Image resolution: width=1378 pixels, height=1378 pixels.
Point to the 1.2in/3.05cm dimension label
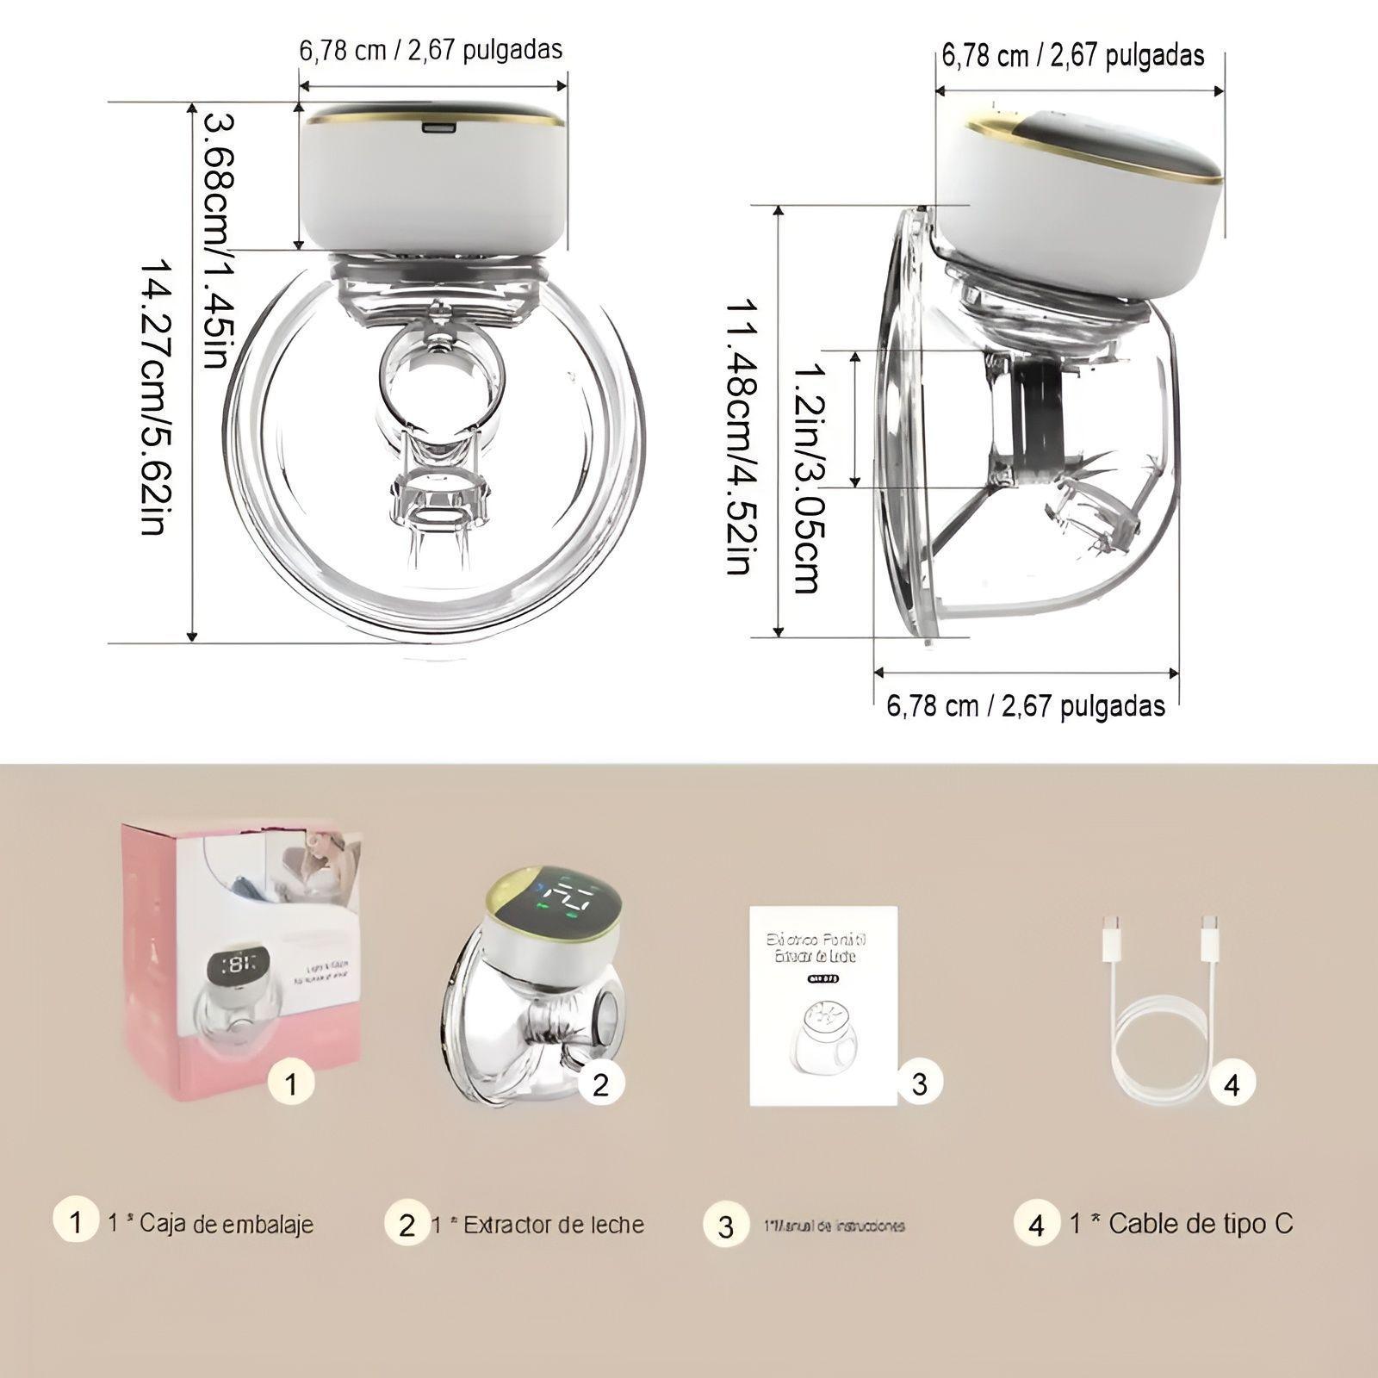click(x=806, y=479)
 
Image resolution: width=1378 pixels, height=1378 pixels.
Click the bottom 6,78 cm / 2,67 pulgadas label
click(x=1026, y=706)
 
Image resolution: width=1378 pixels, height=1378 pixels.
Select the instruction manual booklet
click(x=823, y=1004)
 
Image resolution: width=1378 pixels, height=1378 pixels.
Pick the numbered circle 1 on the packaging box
click(x=291, y=1083)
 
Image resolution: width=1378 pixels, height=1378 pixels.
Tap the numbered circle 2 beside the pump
click(x=600, y=1083)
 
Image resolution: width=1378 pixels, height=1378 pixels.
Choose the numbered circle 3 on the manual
click(x=919, y=1083)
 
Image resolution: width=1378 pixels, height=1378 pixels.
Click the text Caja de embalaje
click(x=226, y=1224)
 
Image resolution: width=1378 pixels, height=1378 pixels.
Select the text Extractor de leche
click(x=553, y=1224)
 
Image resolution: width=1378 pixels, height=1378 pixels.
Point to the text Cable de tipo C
click(x=1200, y=1223)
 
